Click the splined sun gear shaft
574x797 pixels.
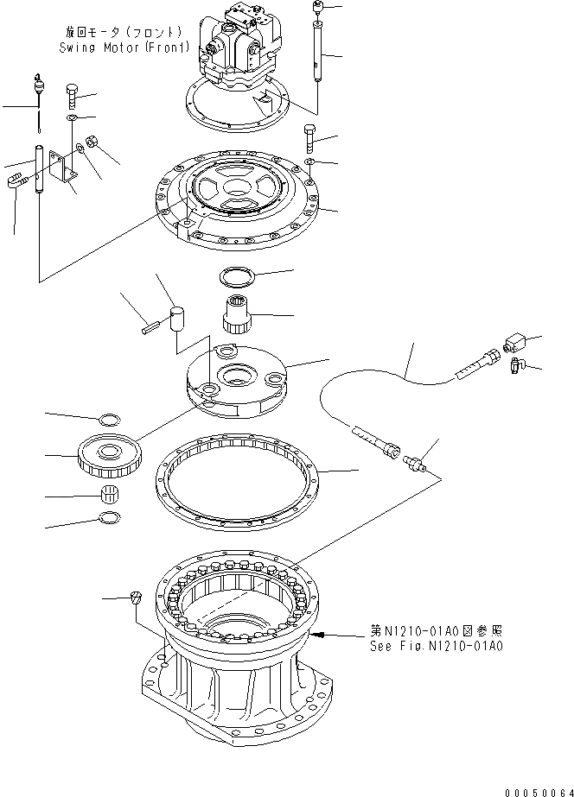pyautogui.click(x=237, y=312)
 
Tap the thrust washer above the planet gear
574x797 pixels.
pyautogui.click(x=110, y=420)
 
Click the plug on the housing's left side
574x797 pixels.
pyautogui.click(x=136, y=598)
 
